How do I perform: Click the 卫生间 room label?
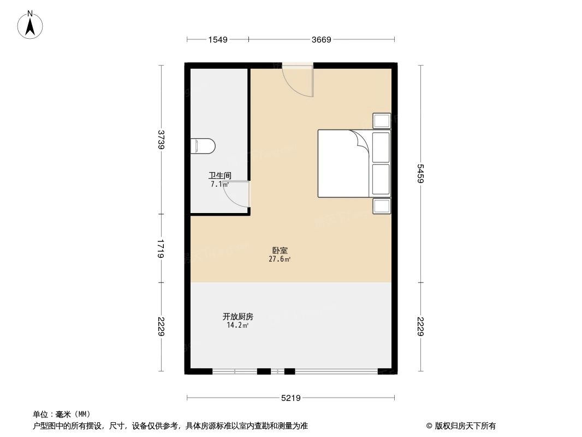click(219, 176)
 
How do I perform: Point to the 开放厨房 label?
click(237, 316)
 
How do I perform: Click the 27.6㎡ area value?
click(280, 259)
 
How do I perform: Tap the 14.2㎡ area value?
click(237, 326)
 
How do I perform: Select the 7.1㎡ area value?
click(219, 185)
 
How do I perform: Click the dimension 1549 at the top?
click(217, 39)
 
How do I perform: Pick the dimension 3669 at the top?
click(322, 39)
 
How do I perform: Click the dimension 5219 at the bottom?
click(291, 398)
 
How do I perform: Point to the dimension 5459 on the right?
click(420, 174)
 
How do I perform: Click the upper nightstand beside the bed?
click(382, 121)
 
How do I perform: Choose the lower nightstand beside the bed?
click(382, 206)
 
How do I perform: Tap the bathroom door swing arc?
click(239, 196)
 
